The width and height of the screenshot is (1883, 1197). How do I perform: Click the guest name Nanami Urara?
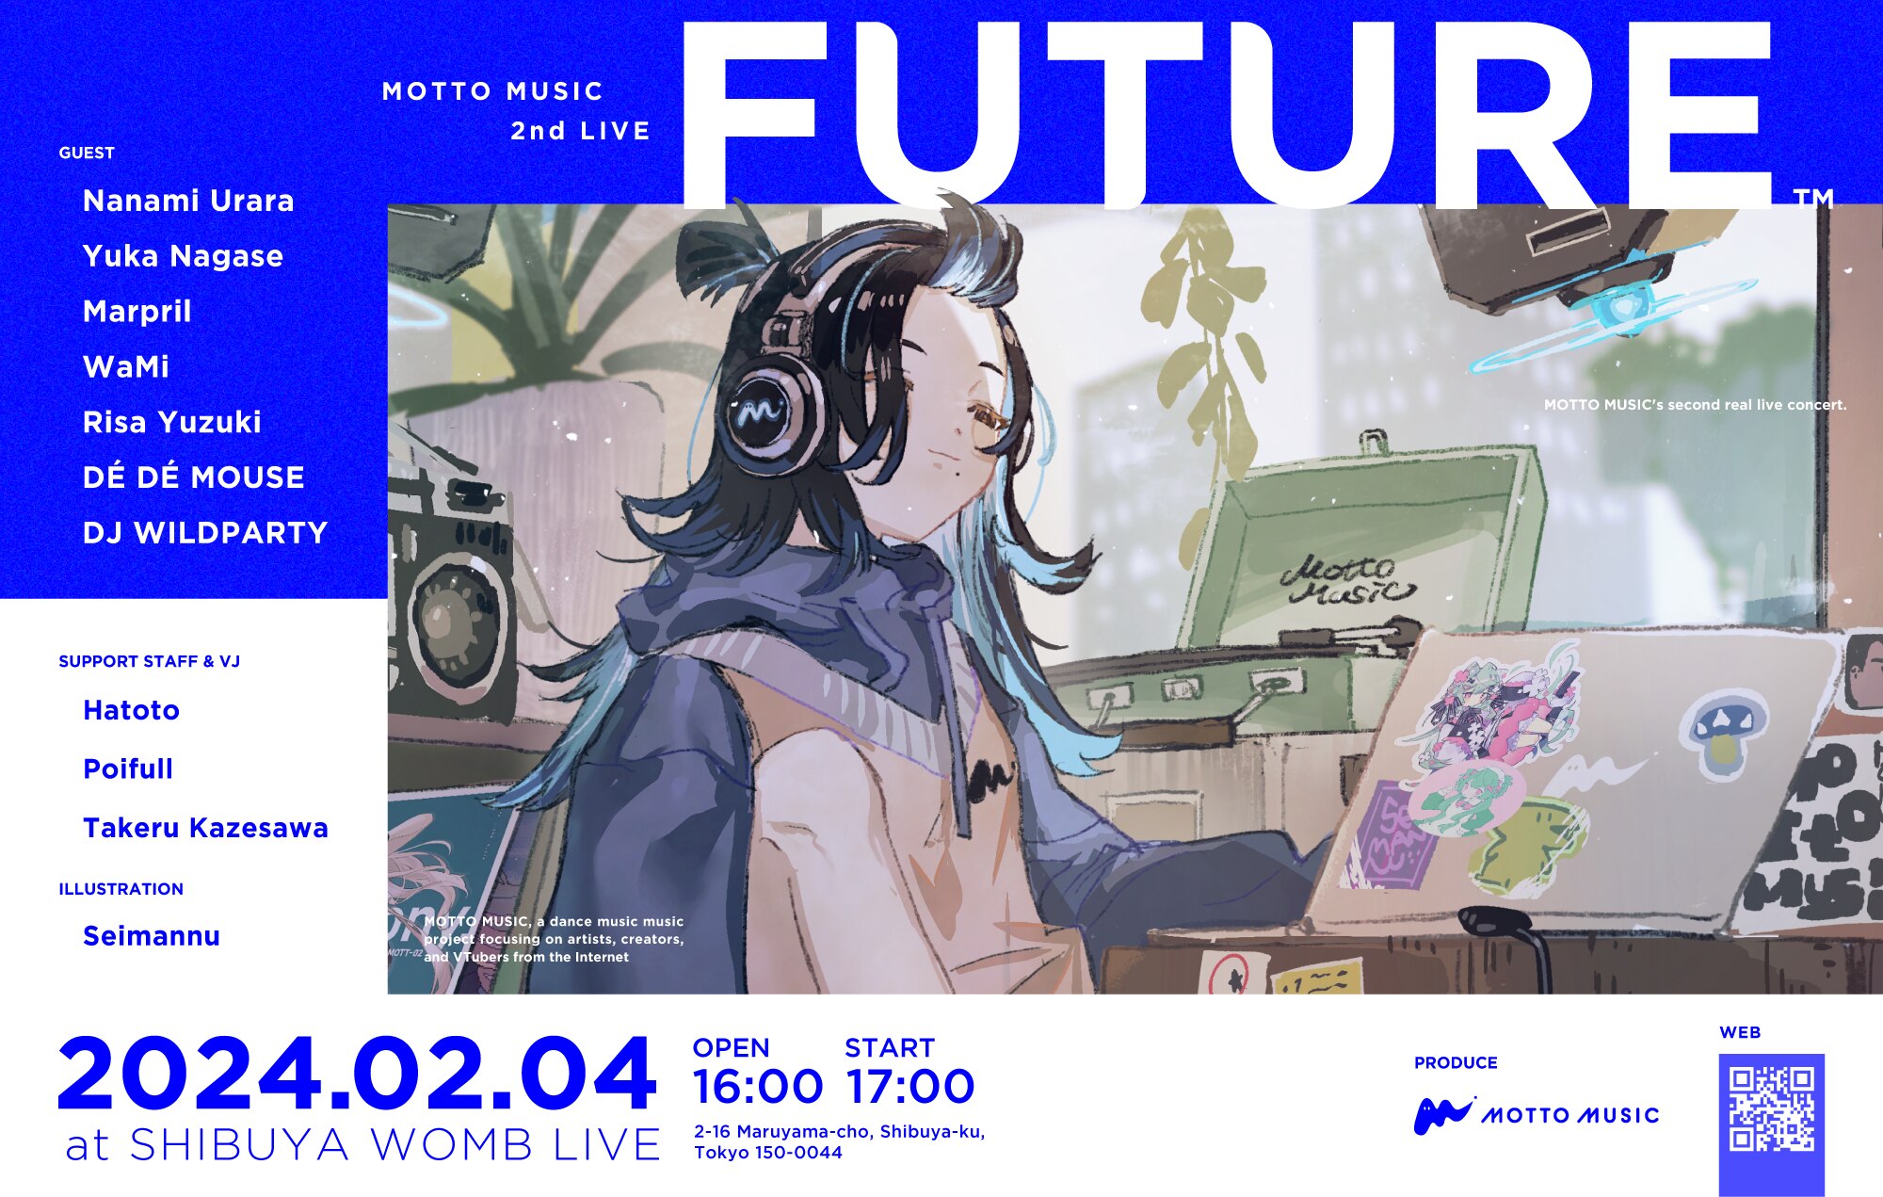(x=188, y=201)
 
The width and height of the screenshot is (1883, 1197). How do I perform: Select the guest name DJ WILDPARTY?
(x=205, y=533)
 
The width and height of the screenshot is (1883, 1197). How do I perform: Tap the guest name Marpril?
(x=137, y=312)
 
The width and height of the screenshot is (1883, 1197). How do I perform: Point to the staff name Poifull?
(x=128, y=769)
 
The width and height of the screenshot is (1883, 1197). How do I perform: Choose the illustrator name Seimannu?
(x=152, y=936)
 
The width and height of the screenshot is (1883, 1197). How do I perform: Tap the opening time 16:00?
(x=758, y=1087)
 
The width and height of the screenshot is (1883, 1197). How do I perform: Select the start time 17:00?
(x=909, y=1087)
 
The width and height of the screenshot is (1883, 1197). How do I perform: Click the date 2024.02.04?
(x=357, y=1075)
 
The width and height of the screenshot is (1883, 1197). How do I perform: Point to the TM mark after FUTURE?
(x=1813, y=198)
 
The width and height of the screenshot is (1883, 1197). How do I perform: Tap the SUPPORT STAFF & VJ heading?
(x=150, y=662)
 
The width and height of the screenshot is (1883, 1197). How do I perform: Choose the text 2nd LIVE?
(x=581, y=131)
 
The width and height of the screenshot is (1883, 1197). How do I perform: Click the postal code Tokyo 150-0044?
(x=768, y=1153)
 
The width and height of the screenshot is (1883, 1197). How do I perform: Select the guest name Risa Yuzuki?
(x=172, y=423)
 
